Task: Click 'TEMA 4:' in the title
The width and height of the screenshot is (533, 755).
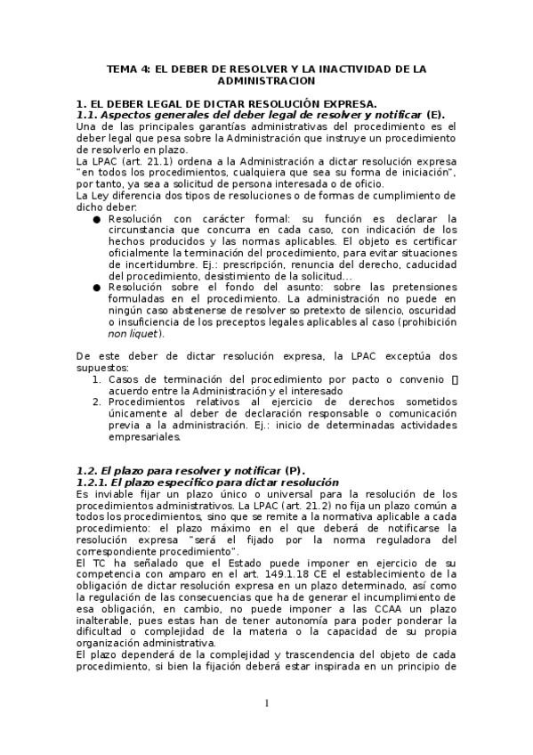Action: click(127, 68)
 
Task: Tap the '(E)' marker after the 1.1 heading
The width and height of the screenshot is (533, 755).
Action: click(435, 115)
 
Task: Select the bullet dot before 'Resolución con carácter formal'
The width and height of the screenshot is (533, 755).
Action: click(96, 219)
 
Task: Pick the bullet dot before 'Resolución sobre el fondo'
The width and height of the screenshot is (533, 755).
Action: click(96, 288)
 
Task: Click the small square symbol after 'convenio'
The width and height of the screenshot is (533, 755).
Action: click(455, 379)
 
